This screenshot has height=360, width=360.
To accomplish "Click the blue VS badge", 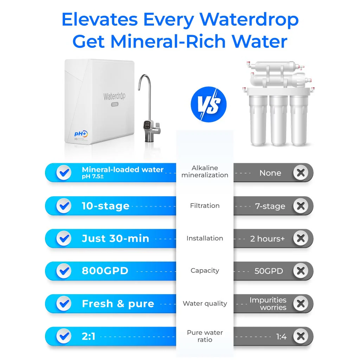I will (x=208, y=105).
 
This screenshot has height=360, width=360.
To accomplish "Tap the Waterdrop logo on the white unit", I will (x=115, y=96).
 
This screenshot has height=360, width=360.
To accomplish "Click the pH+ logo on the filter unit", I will (x=81, y=134).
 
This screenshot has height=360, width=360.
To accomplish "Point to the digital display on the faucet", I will (x=148, y=125).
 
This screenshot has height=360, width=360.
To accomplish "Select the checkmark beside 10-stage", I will (x=64, y=206).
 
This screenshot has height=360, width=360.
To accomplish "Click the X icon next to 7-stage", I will (x=301, y=206).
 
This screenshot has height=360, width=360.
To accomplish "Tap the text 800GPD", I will (x=105, y=271).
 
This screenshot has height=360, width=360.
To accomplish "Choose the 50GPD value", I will (x=269, y=271).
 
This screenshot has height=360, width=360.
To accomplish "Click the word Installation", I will (x=205, y=238).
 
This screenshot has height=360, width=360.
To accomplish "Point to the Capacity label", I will (x=205, y=271).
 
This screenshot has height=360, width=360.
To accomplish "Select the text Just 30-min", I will (x=115, y=238).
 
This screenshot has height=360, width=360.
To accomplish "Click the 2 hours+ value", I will (x=268, y=239).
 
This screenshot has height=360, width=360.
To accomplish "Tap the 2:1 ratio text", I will (x=89, y=336).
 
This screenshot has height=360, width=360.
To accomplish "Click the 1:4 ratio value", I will (x=281, y=337).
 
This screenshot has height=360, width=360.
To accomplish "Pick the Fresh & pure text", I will (x=118, y=304).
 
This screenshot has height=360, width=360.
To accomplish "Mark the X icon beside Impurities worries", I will (x=301, y=304).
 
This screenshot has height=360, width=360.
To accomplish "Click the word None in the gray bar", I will (x=270, y=173).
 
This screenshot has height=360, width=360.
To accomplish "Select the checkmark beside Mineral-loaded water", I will (x=64, y=173).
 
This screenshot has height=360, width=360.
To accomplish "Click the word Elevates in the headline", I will (x=99, y=20).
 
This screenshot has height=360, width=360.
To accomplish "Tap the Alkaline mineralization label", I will (x=205, y=172).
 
